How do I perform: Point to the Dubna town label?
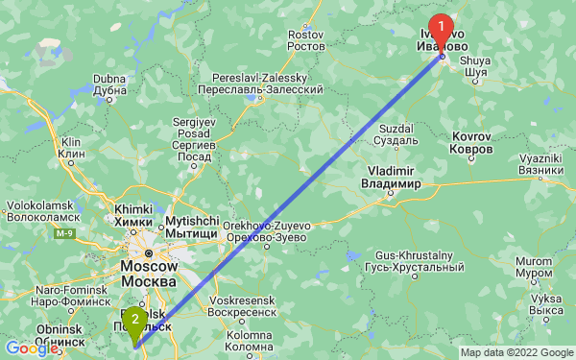click(110, 84)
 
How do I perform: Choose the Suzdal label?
click(396, 134)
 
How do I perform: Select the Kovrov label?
click(471, 145)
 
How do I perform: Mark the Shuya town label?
click(476, 65)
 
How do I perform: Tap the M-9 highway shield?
click(64, 233)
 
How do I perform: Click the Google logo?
click(32, 348)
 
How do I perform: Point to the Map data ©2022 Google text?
click(515, 352)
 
